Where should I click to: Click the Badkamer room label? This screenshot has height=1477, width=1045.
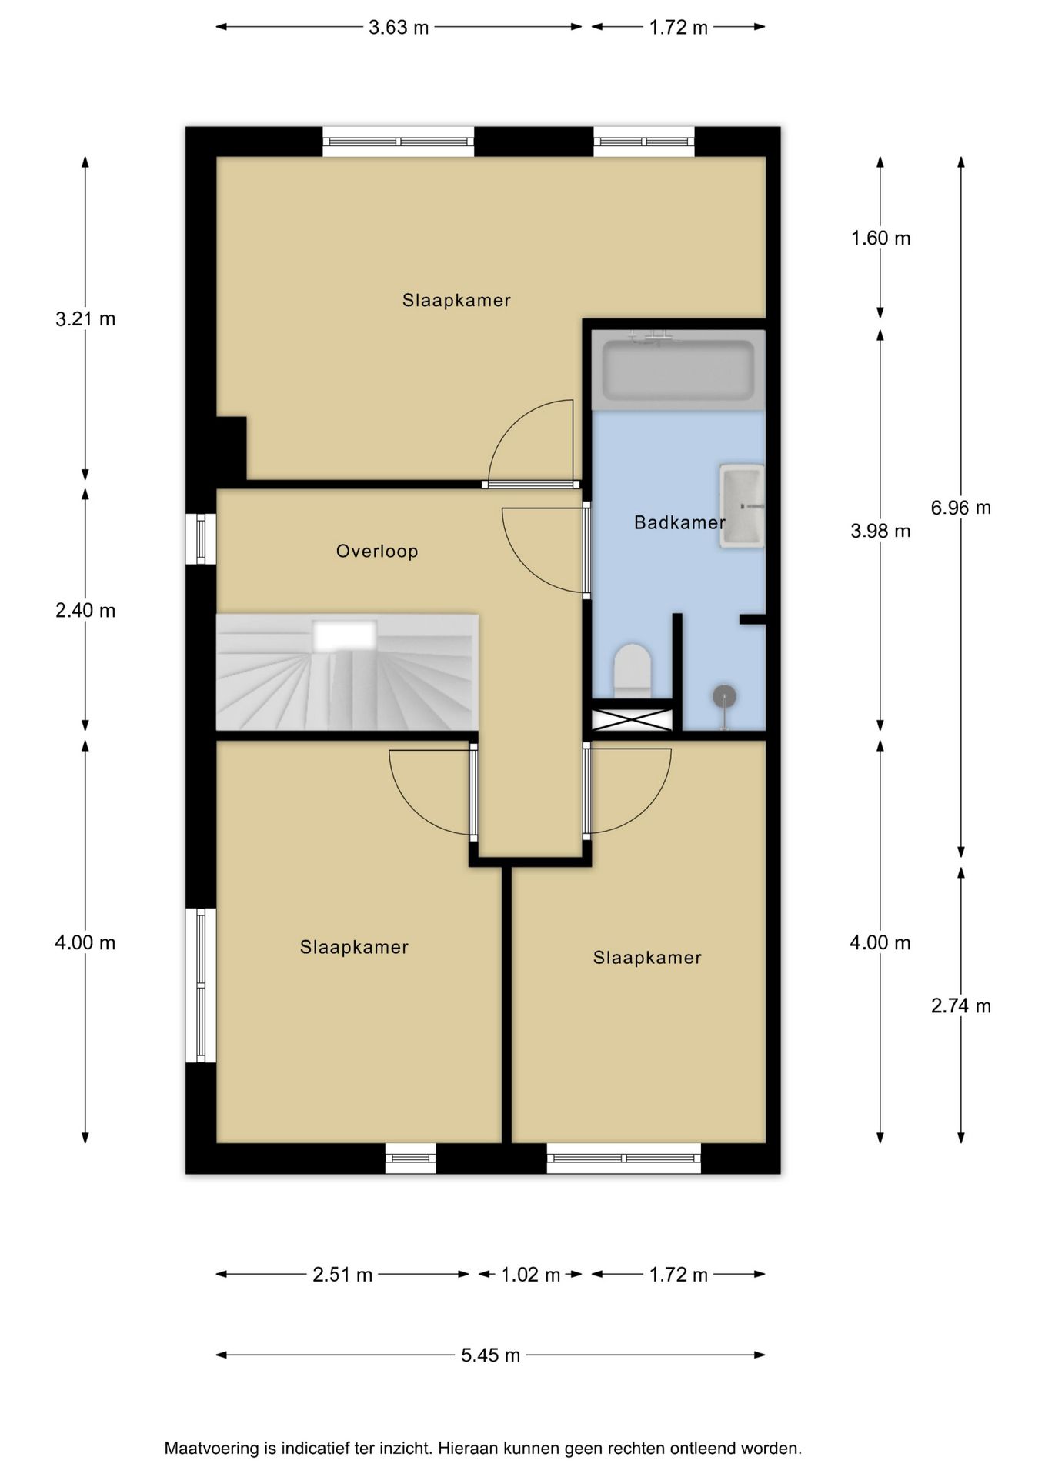coord(679,523)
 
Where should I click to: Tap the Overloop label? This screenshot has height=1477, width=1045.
coord(377,552)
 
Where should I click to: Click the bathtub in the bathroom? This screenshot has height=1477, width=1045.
coord(678,371)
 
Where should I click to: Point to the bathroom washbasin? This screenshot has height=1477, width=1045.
coord(742,505)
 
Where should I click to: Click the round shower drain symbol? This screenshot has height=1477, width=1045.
coord(724,697)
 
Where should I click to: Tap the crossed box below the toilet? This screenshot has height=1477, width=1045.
coord(632,720)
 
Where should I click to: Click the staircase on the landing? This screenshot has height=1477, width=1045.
coord(347,672)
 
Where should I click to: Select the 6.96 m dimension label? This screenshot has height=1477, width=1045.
coord(960,508)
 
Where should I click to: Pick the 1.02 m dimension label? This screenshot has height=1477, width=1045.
coord(530,1275)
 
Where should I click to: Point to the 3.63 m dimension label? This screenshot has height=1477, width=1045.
coord(399,28)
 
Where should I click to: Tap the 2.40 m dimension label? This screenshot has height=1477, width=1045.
coord(85,611)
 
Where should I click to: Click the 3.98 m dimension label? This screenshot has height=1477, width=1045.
coord(880,531)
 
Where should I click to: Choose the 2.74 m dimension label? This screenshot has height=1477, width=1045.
coord(960,1005)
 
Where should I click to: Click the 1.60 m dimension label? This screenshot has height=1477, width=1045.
coord(880,238)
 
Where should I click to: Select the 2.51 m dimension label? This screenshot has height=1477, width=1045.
coord(342,1275)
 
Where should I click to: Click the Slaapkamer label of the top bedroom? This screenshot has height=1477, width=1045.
coord(456,301)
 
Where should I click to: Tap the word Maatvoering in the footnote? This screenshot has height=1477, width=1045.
coord(212,1449)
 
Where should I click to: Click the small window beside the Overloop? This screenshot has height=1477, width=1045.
coord(201,538)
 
